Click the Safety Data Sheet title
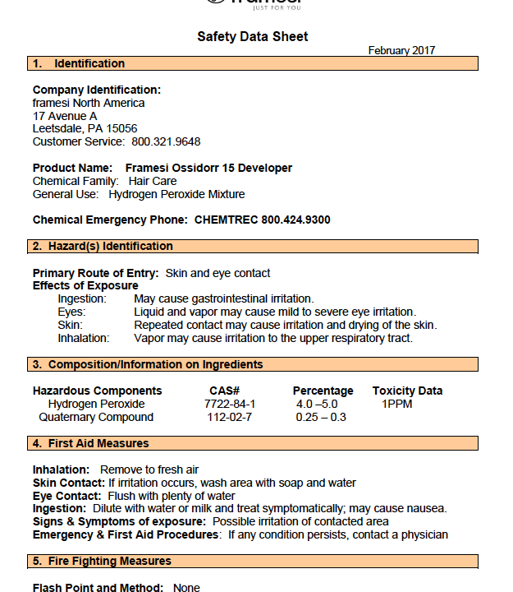click(253, 37)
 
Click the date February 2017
click(401, 51)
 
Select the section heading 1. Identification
click(79, 64)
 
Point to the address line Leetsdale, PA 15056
click(85, 129)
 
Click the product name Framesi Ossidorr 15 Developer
click(208, 169)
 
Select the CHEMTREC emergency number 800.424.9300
click(295, 220)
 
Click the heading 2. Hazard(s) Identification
click(103, 247)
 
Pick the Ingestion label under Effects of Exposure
click(82, 299)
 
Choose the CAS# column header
click(224, 391)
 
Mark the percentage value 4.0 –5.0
click(317, 405)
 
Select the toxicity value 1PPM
click(396, 405)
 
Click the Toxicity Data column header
click(407, 391)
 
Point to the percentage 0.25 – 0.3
click(321, 418)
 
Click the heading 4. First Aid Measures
click(90, 444)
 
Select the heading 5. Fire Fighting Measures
click(102, 562)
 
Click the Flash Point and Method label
click(98, 588)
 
